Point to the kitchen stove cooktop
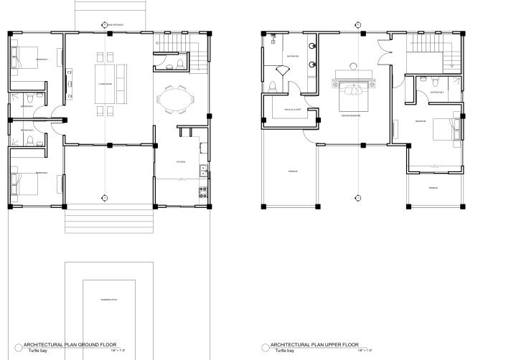pos(203,192)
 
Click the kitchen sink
pos(204,171)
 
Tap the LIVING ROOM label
pos(106,82)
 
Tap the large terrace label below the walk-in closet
pos(293,171)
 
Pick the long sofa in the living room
pos(121,77)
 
